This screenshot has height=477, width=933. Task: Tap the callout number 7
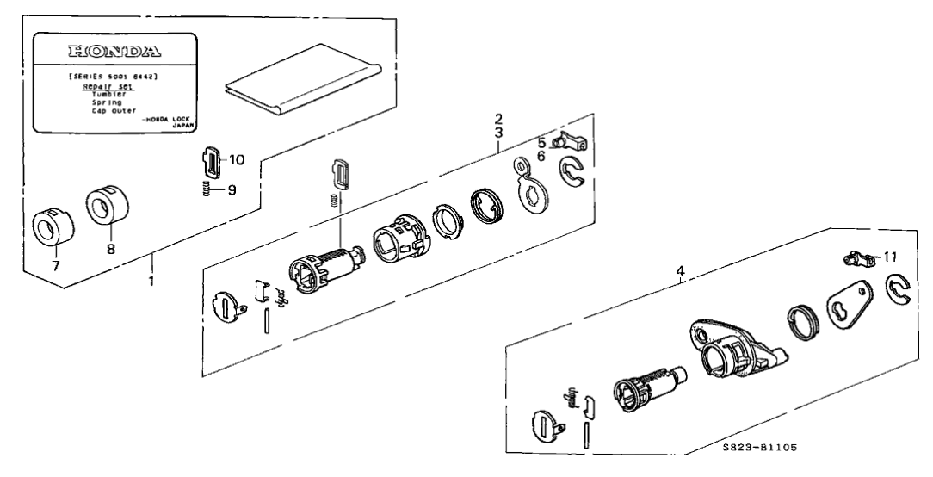(x=57, y=267)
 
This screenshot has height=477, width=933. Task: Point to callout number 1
(x=151, y=282)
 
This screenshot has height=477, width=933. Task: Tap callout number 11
(x=889, y=257)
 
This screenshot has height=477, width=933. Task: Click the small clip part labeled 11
(x=855, y=257)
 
